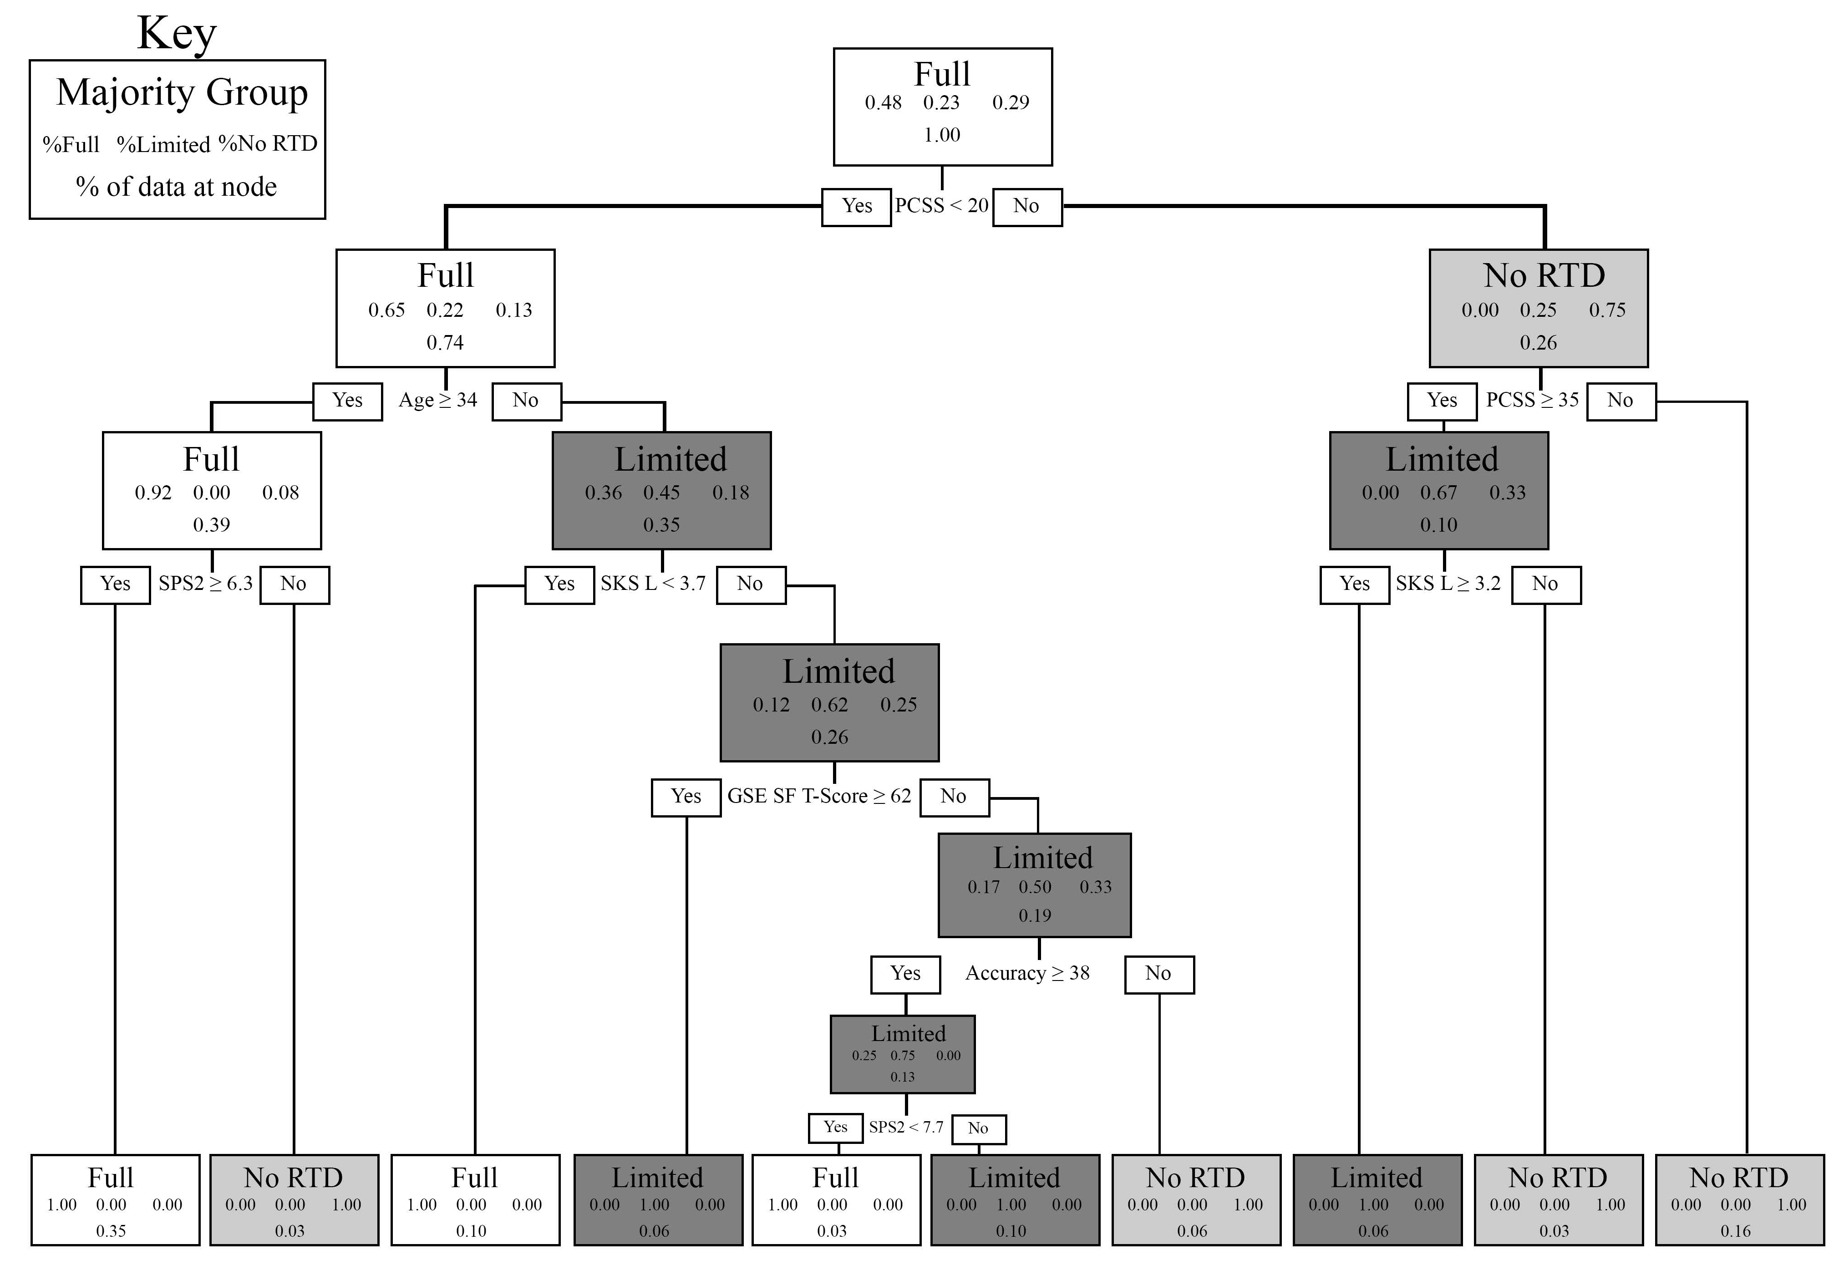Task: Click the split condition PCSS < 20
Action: click(x=942, y=206)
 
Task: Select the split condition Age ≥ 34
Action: click(x=437, y=400)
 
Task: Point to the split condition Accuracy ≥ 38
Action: click(x=1027, y=973)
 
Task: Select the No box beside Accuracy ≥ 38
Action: click(x=1159, y=974)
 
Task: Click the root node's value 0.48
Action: click(x=883, y=103)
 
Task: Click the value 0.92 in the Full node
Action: click(x=153, y=493)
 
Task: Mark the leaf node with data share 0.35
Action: click(x=115, y=1199)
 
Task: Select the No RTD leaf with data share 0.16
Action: click(x=1739, y=1199)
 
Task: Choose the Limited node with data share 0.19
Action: click(x=1034, y=884)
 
